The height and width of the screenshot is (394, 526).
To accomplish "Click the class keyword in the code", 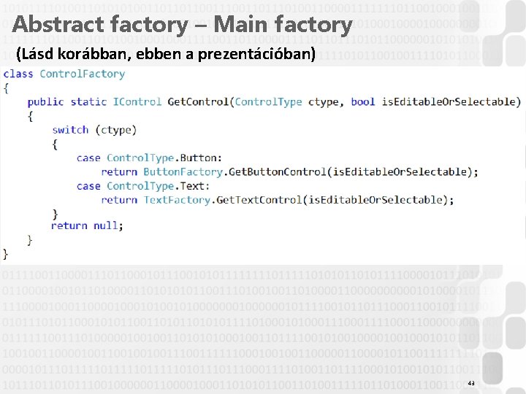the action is pyautogui.click(x=18, y=74).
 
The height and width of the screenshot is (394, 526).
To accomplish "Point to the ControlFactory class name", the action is pyautogui.click(x=82, y=74).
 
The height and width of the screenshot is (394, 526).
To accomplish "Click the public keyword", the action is pyautogui.click(x=45, y=101).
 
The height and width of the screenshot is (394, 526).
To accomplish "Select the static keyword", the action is pyautogui.click(x=88, y=101).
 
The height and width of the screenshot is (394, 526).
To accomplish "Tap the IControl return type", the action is pyautogui.click(x=137, y=101).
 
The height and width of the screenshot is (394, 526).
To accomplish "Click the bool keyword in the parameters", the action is pyautogui.click(x=362, y=101).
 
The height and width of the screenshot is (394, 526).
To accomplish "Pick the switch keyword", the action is pyautogui.click(x=70, y=130).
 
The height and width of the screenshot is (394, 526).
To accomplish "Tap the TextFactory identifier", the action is pyautogui.click(x=177, y=200).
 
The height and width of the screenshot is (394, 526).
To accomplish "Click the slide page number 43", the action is pyautogui.click(x=471, y=383).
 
